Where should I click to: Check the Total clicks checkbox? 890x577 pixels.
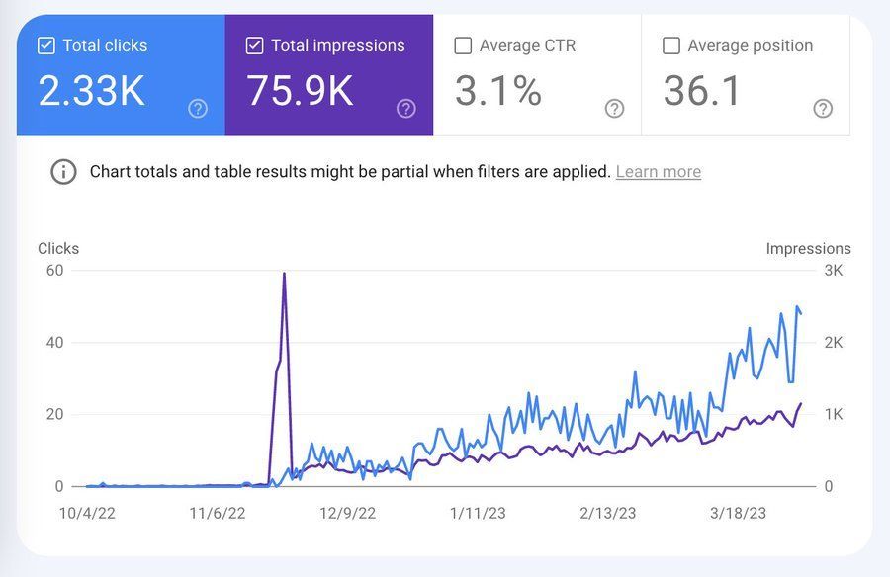pos(45,45)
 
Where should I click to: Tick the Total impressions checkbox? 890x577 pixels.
pos(254,45)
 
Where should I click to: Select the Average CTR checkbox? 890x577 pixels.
pos(463,45)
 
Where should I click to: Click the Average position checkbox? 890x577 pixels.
pos(671,45)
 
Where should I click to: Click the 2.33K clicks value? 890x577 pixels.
pos(91,91)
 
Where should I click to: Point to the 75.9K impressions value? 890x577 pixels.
pos(300,91)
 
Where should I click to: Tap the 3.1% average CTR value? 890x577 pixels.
pos(498,91)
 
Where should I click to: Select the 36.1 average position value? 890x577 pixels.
pos(702,91)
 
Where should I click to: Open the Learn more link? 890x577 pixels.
pos(658,172)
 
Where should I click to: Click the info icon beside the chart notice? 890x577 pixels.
pos(63,172)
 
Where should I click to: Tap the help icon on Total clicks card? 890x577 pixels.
pos(198,109)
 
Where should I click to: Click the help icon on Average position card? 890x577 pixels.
pos(823,109)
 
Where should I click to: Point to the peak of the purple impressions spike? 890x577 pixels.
pos(284,274)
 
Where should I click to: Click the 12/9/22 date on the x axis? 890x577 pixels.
pos(347,513)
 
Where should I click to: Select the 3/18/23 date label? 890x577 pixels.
pos(739,513)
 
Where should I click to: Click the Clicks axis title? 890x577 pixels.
pos(58,249)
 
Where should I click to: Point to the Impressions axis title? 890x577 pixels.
pos(808,249)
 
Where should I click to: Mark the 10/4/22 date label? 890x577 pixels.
pos(88,513)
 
